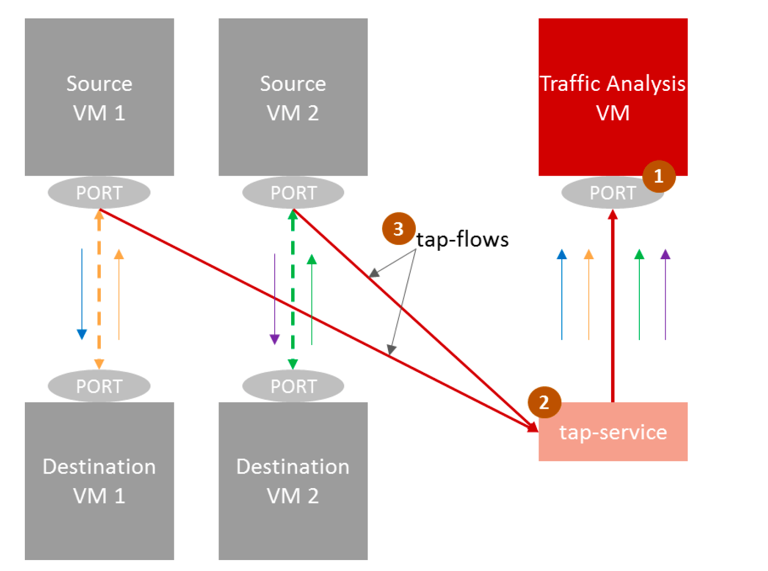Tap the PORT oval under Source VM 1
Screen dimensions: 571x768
coord(99,193)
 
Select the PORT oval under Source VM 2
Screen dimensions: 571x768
coord(293,193)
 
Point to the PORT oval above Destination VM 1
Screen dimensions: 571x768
coord(99,386)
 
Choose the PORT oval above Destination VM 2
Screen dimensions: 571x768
coord(293,386)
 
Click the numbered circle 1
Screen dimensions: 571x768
coord(659,176)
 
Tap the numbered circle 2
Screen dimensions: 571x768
coord(544,402)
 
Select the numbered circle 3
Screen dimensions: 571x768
coord(398,229)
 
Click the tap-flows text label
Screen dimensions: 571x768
coord(462,239)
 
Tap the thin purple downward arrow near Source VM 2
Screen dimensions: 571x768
coord(275,298)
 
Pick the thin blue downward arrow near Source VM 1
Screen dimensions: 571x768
coord(82,293)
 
